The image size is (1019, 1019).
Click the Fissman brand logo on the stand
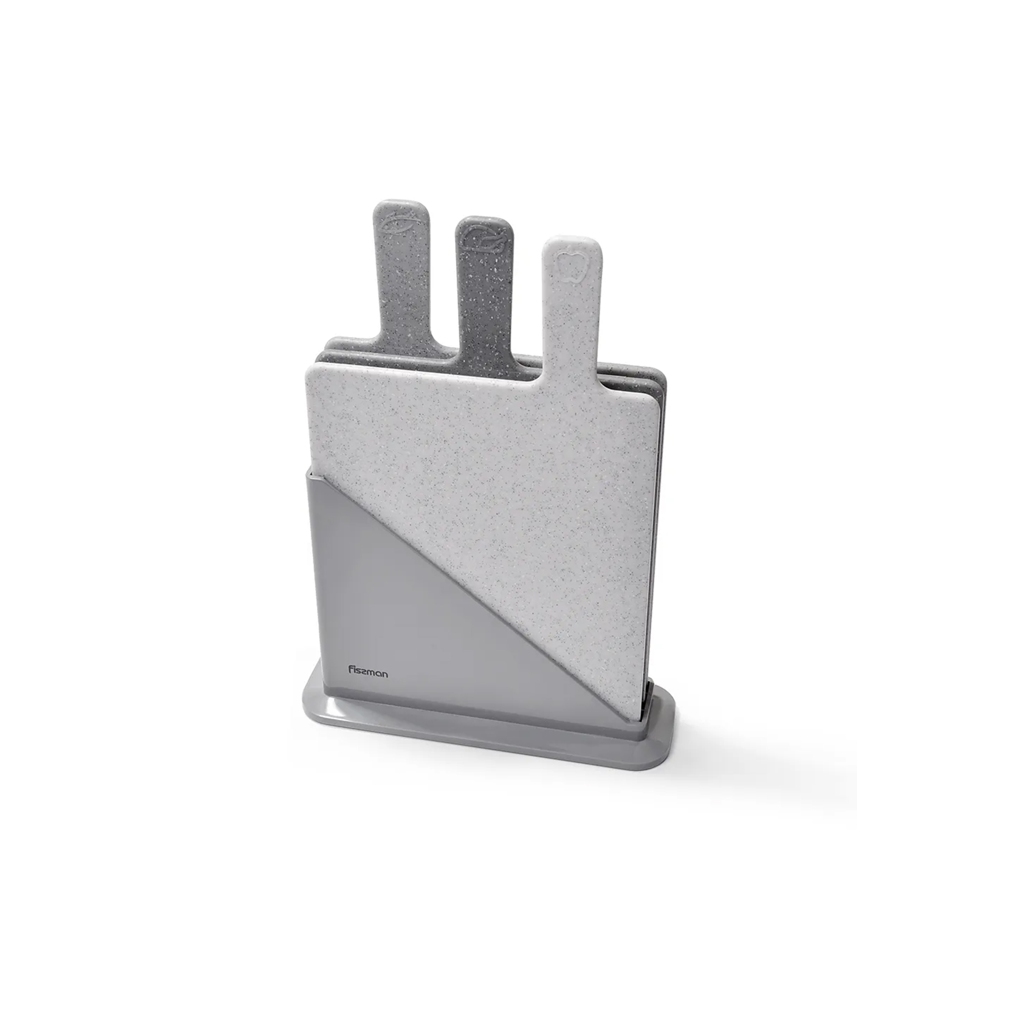tap(368, 671)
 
